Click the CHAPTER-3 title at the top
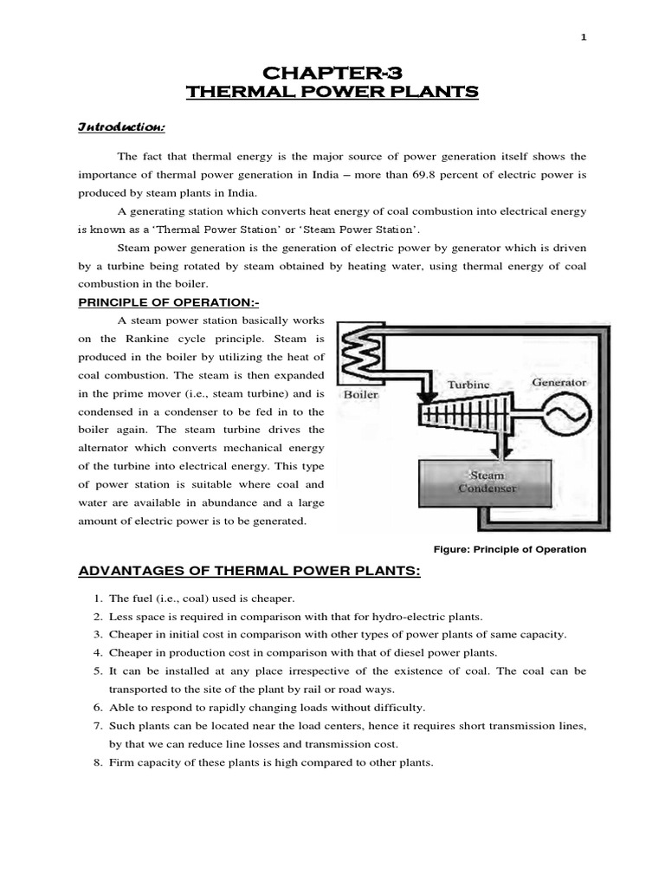coord(332,70)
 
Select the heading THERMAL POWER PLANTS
coord(332,92)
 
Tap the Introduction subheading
coord(121,127)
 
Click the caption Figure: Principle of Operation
coord(514,549)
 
